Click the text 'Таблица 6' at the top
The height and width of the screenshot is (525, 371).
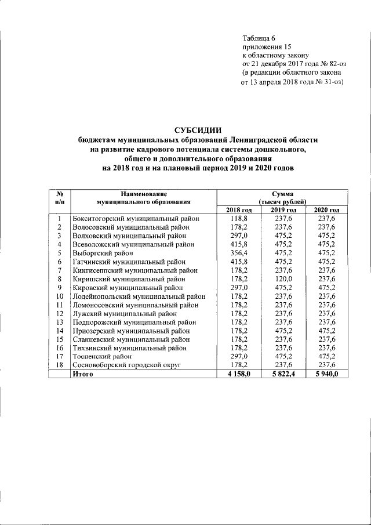pyautogui.click(x=259, y=38)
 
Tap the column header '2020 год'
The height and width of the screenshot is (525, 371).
pyautogui.click(x=326, y=209)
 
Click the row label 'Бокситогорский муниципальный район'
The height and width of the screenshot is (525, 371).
pyautogui.click(x=136, y=219)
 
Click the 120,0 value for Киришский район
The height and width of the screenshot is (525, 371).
pyautogui.click(x=282, y=278)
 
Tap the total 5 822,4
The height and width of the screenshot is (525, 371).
pyautogui.click(x=282, y=374)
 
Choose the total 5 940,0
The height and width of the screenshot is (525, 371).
pyautogui.click(x=326, y=374)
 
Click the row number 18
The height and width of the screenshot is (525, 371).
pyautogui.click(x=59, y=365)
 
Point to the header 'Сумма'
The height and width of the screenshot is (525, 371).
pyautogui.click(x=282, y=193)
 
